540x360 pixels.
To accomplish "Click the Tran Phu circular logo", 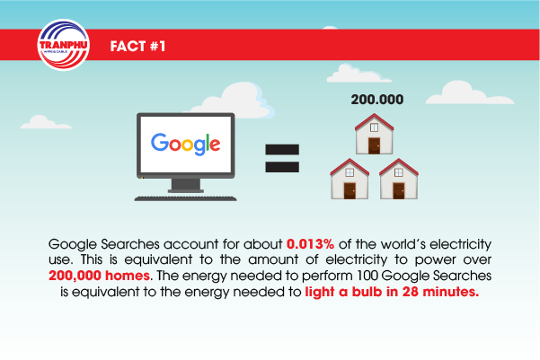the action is [x=64, y=45].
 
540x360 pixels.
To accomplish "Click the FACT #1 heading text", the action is [x=137, y=46].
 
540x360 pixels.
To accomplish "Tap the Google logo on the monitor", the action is [x=186, y=144].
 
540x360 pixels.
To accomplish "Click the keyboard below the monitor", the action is [x=185, y=198].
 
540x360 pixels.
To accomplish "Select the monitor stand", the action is [x=186, y=186].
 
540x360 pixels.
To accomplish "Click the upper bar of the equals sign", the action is [x=282, y=149].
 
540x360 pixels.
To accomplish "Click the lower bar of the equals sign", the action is [x=282, y=167].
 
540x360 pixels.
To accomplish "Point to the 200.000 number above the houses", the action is [x=377, y=100].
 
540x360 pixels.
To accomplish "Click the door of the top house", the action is [x=374, y=145].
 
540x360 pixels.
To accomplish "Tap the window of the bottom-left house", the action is [x=350, y=172].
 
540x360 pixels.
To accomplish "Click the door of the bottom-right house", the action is [x=399, y=190].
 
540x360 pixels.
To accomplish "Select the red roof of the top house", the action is [x=374, y=121].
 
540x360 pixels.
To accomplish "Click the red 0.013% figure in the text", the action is [x=310, y=244].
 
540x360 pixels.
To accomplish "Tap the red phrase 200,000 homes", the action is [x=99, y=276].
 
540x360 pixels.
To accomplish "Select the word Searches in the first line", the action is [x=130, y=244].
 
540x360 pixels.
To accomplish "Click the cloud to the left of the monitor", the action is [x=46, y=122].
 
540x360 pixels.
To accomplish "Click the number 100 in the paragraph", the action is [x=367, y=276].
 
